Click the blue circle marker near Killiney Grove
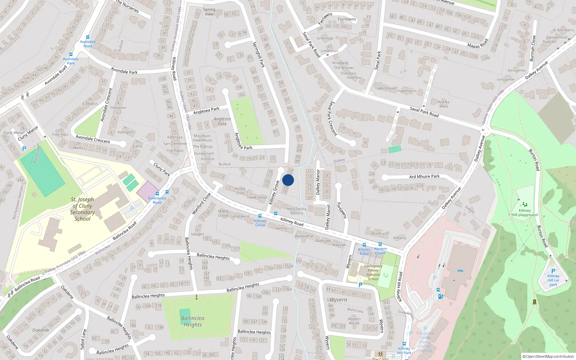coord(288,180)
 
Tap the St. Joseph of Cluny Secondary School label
coord(82,209)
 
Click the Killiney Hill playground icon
coord(525,204)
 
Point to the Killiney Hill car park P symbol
coord(553,271)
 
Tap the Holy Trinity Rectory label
coord(297,211)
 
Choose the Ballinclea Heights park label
coord(193,321)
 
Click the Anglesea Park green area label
coord(222,121)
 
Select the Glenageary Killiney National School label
coord(373,273)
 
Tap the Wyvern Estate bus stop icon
coord(380,244)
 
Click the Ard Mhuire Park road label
coord(424,176)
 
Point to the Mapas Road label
coord(478,44)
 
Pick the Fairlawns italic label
coord(347,19)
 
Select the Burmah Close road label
coord(532,48)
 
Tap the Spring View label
coord(209,12)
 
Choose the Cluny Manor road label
coord(28,133)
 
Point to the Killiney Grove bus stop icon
coord(260,216)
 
